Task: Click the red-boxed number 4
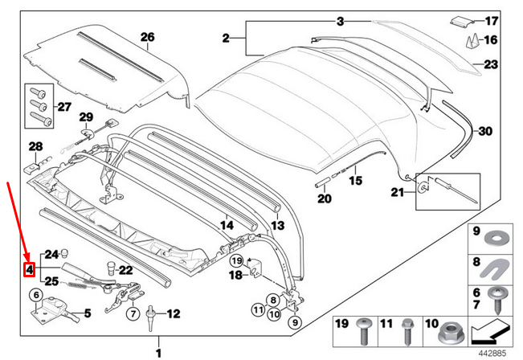29,270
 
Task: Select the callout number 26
147,37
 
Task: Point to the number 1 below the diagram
157,352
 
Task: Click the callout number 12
174,314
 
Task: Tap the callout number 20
323,198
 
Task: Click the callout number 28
35,146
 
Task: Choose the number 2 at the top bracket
227,38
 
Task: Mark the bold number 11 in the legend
386,325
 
